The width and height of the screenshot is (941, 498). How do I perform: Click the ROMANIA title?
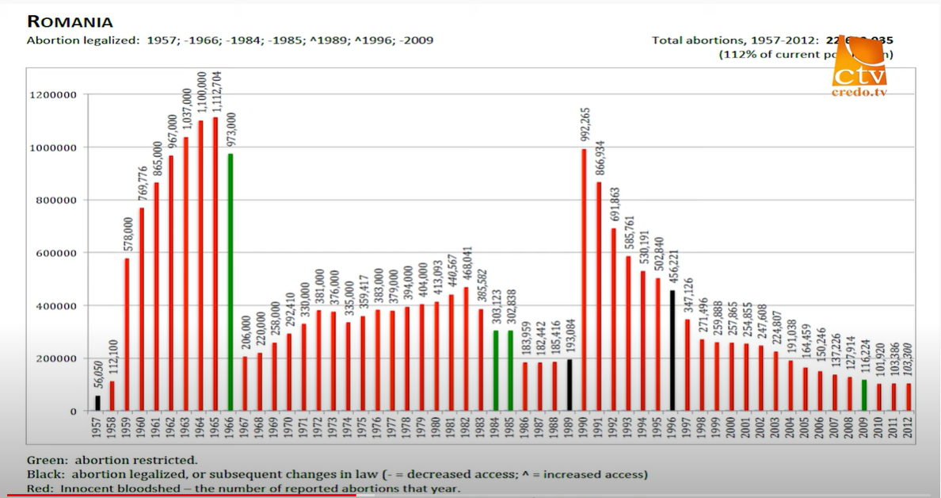[x=70, y=21]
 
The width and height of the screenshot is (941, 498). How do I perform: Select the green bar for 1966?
[x=230, y=282]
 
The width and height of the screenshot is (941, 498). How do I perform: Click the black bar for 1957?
[x=98, y=403]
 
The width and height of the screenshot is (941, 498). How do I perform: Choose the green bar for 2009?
[x=865, y=395]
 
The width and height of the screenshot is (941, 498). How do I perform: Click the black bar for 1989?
[x=570, y=385]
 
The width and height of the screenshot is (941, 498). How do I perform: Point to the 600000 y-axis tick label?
[x=55, y=253]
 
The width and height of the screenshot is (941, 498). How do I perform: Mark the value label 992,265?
[x=585, y=126]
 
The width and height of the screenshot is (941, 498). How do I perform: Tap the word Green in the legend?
[x=44, y=460]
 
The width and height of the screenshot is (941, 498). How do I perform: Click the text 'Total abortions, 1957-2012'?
[x=733, y=40]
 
